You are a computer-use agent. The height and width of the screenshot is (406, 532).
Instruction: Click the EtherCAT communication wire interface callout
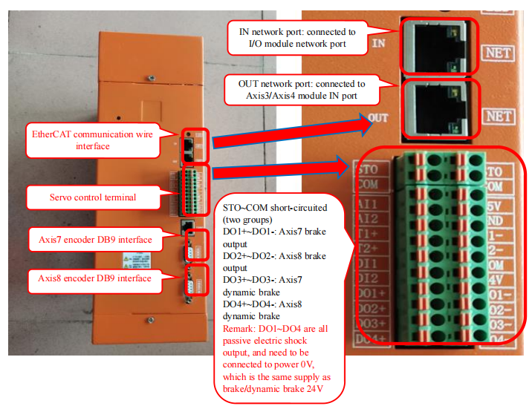(91, 140)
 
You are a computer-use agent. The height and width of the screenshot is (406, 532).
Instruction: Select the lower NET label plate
(498, 117)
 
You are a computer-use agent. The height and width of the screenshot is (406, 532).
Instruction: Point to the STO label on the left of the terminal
(369, 169)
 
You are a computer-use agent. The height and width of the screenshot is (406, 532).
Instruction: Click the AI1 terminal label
(369, 203)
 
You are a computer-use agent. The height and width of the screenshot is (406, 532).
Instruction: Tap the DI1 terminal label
(369, 263)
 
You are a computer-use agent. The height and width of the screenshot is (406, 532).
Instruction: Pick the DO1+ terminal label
(371, 293)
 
